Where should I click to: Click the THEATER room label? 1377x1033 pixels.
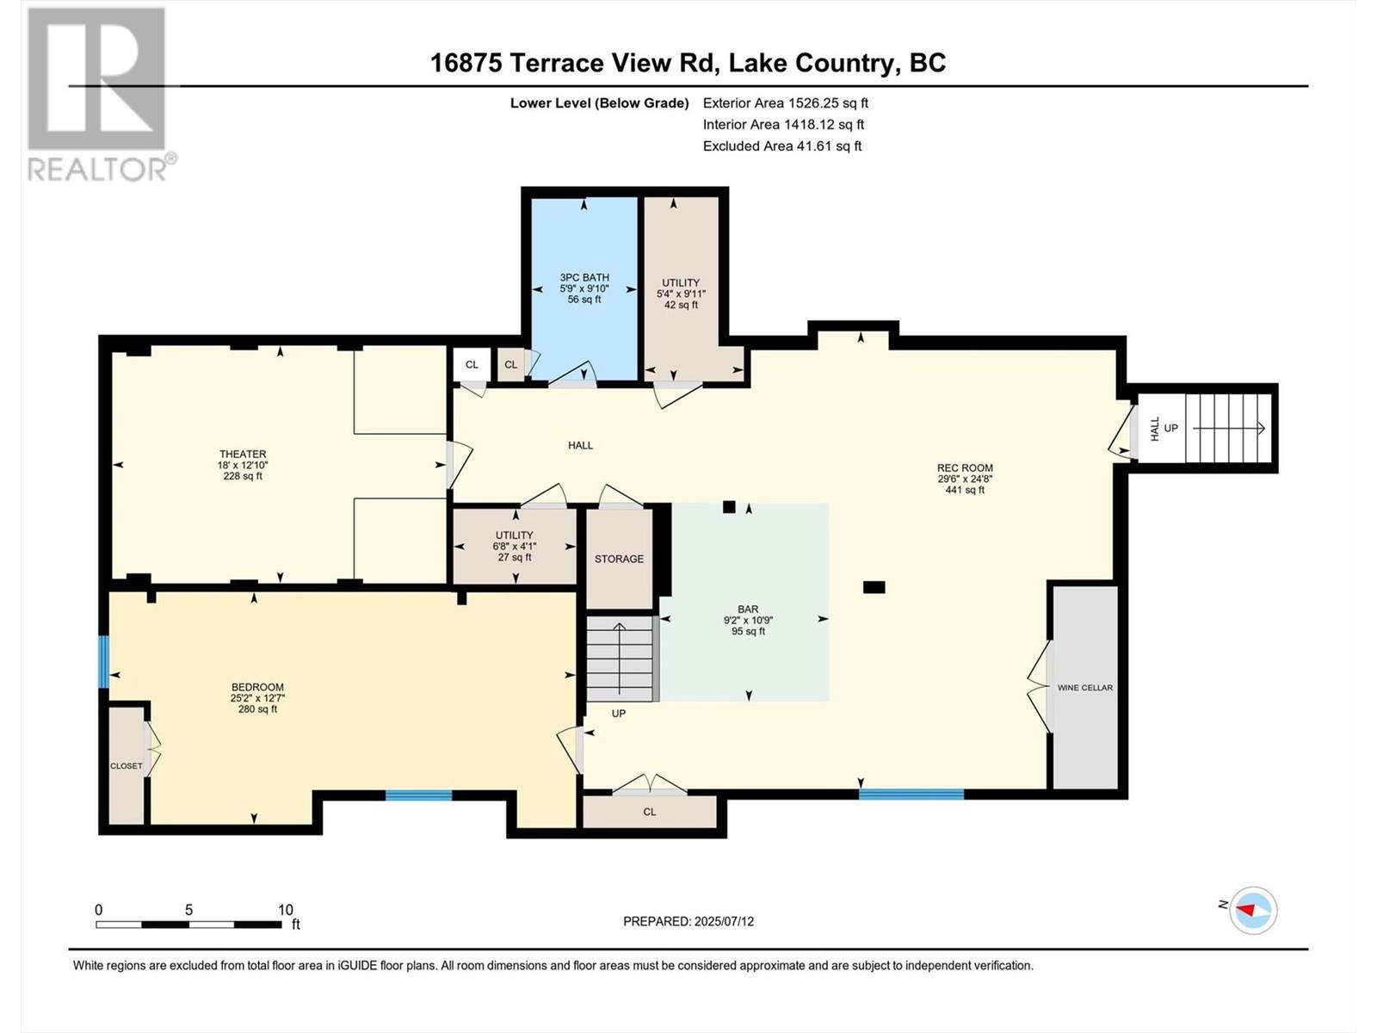[243, 454]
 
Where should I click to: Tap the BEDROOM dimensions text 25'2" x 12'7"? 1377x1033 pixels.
[258, 698]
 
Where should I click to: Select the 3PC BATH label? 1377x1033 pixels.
[584, 277]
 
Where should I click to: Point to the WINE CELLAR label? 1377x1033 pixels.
[1085, 688]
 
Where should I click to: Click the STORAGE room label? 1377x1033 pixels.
[619, 559]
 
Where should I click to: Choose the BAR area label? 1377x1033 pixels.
[749, 609]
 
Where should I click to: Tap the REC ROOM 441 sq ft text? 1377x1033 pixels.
[965, 490]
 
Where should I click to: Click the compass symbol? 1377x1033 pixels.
[1253, 910]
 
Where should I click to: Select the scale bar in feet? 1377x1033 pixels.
[188, 924]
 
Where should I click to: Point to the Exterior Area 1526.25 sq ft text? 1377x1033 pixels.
[786, 102]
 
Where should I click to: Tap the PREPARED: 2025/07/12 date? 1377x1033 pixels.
[688, 921]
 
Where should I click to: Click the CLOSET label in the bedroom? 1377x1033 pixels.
[127, 766]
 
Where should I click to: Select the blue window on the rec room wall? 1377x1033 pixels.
[911, 794]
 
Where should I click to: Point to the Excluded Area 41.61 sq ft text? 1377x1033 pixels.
[782, 146]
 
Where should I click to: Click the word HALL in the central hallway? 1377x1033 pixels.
[580, 445]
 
